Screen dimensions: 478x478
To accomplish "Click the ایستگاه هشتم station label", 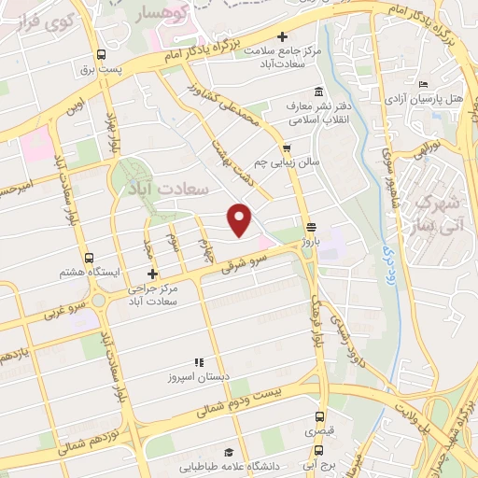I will [x=88, y=273].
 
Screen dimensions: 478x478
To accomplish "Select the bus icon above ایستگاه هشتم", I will [x=89, y=258].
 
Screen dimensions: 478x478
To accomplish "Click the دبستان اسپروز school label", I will [x=198, y=375].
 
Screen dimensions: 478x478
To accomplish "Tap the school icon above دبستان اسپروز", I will [x=198, y=361].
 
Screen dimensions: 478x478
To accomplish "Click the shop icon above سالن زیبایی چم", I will [x=287, y=148].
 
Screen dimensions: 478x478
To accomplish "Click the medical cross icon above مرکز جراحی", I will [x=151, y=275].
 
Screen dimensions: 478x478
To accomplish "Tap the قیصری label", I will [x=320, y=433].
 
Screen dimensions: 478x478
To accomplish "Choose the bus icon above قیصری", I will [x=320, y=418].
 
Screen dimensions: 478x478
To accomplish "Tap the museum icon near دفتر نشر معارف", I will [x=320, y=91].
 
